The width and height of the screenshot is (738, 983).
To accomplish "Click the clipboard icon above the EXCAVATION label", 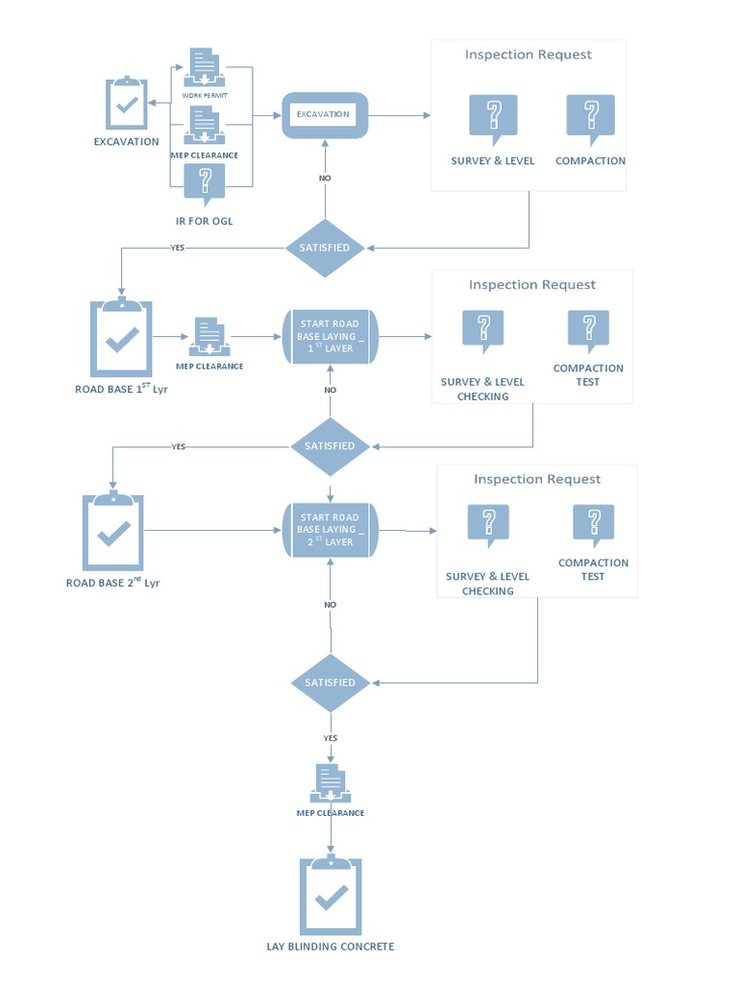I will tap(126, 103).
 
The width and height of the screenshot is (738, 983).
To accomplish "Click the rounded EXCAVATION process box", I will tap(324, 114).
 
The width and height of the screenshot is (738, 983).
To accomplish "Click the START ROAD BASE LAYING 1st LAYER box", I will tap(331, 336).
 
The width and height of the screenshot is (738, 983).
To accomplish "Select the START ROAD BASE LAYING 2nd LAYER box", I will tap(331, 530).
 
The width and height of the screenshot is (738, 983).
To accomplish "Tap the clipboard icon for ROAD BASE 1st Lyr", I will tap(121, 338).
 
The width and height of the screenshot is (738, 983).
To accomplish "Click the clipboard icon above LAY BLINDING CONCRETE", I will tap(331, 895).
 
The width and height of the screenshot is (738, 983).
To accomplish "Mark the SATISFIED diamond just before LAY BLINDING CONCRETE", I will tap(331, 683).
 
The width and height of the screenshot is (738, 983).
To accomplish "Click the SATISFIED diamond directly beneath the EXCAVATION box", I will tap(326, 248).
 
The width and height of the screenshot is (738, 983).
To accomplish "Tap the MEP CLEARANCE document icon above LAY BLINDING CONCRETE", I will tap(331, 783).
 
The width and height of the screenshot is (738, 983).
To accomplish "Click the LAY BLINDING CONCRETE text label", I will tap(331, 947).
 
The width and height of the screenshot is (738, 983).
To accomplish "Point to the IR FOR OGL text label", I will tap(204, 222).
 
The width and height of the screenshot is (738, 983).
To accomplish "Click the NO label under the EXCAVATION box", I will tap(325, 179).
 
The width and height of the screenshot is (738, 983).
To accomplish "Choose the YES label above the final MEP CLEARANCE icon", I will tap(331, 737).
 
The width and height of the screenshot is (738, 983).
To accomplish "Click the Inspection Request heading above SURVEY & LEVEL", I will tap(528, 55).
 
